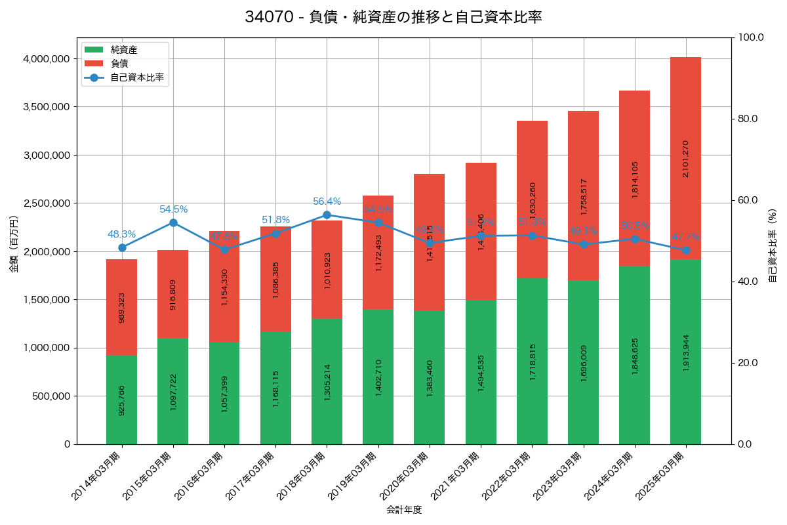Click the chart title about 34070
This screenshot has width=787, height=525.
click(393, 17)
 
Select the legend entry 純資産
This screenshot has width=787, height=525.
click(124, 49)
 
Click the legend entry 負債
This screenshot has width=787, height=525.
click(119, 63)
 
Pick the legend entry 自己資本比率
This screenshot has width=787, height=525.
click(136, 77)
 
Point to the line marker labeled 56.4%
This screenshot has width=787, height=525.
click(327, 215)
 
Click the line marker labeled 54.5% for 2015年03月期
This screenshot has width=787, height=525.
click(173, 222)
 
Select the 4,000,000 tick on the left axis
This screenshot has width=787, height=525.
click(47, 59)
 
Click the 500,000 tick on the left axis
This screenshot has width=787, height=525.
click(52, 396)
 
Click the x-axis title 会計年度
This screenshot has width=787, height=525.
click(403, 510)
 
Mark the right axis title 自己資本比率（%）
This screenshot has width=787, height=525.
click(773, 245)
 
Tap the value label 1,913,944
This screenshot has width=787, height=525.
click(686, 352)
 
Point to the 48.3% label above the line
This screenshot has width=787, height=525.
click(121, 234)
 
